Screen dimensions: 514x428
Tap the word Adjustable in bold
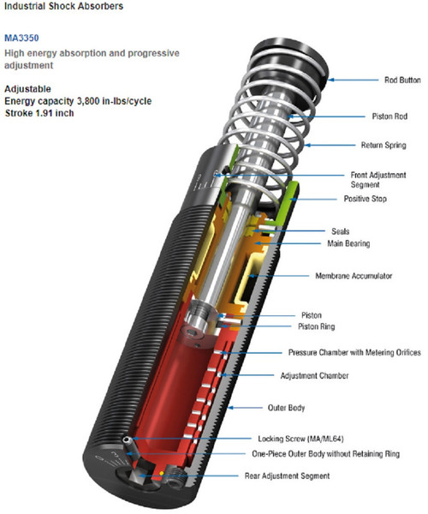[x=27, y=88]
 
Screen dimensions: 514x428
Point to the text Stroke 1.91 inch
[x=43, y=112]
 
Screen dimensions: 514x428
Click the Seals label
[x=340, y=231]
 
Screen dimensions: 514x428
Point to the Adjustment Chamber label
[x=319, y=375]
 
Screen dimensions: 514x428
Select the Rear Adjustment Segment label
[x=310, y=476]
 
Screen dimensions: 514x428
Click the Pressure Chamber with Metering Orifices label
[x=351, y=352]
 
